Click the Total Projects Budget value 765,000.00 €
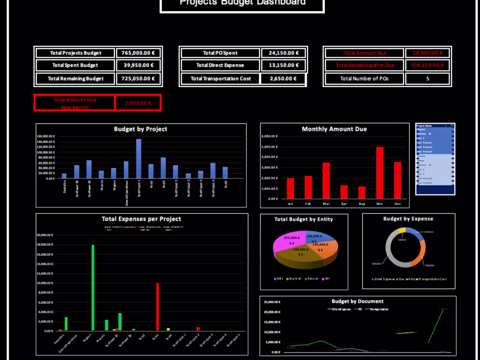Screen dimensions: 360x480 (138, 53)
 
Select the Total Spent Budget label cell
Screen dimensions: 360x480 (75, 65)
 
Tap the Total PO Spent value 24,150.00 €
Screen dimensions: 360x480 (284, 53)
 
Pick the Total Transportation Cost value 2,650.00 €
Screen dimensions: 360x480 (283, 79)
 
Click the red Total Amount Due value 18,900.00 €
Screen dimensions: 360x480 (427, 53)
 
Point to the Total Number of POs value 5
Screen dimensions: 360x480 (427, 79)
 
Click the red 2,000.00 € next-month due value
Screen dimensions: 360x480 (138, 103)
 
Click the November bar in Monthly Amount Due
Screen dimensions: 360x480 (380, 172)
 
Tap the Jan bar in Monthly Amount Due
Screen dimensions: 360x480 (291, 188)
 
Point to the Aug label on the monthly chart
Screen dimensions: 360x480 (362, 203)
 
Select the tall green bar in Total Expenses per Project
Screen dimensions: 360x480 (93, 288)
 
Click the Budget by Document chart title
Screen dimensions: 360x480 (357, 301)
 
